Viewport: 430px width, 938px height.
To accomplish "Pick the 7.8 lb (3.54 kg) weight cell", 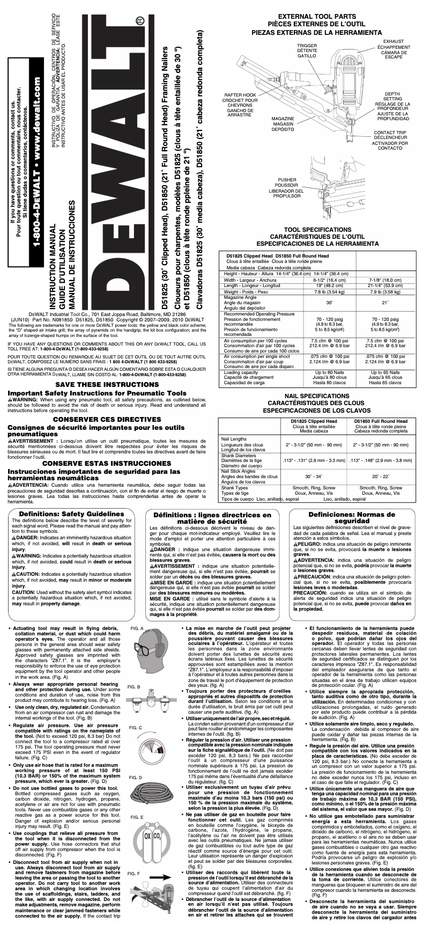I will [325, 292].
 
